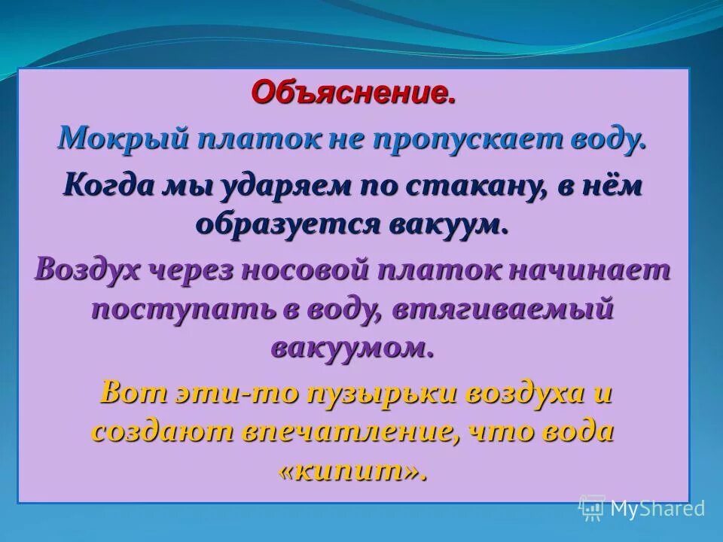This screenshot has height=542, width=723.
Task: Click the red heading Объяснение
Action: tap(353, 93)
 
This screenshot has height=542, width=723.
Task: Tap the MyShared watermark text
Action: tap(657, 508)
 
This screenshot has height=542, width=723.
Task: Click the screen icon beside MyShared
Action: tap(592, 508)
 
